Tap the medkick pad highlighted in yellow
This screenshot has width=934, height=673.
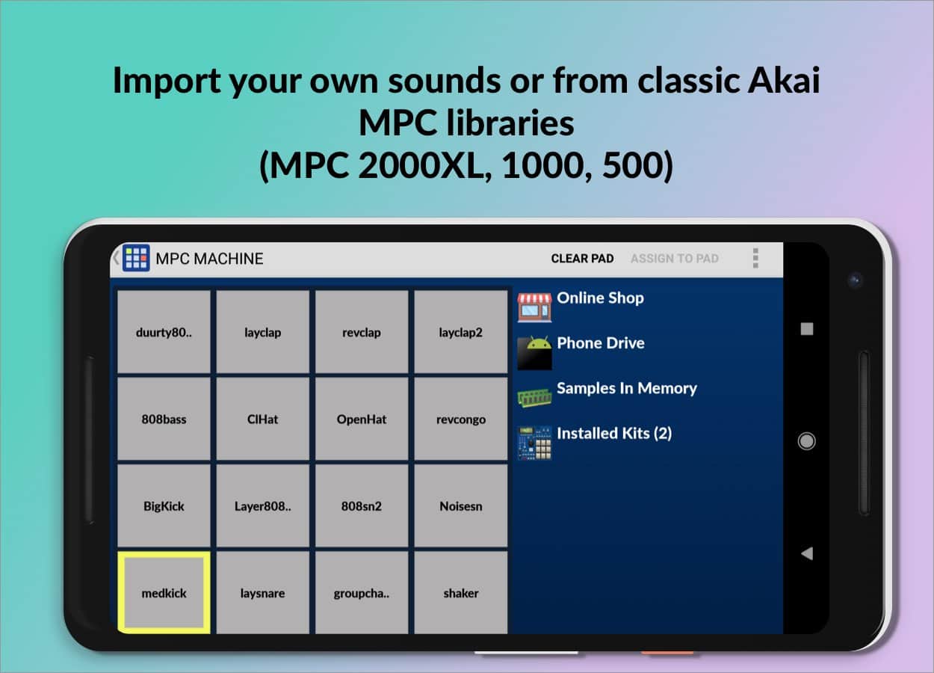click(x=164, y=592)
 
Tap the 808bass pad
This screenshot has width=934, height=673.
click(x=164, y=419)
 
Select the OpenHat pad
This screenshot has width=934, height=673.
click(x=362, y=419)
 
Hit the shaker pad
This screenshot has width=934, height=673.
click(x=461, y=592)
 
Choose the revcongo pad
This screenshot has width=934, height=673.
click(x=461, y=419)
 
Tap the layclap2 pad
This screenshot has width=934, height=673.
click(x=461, y=332)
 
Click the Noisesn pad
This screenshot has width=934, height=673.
click(x=461, y=505)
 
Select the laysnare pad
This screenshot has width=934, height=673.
click(x=263, y=592)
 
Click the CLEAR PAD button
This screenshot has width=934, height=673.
click(x=582, y=259)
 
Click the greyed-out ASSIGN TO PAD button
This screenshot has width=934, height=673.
click(x=674, y=259)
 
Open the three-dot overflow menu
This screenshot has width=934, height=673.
click(x=755, y=258)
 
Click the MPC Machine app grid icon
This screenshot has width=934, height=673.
click(x=136, y=258)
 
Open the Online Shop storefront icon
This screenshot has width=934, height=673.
click(x=534, y=307)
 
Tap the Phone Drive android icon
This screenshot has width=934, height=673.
click(x=534, y=353)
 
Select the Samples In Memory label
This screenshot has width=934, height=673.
click(x=627, y=388)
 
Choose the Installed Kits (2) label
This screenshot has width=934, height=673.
click(x=614, y=433)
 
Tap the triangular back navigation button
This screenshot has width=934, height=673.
click(x=807, y=553)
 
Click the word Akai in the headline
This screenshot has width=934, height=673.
click(x=784, y=80)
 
